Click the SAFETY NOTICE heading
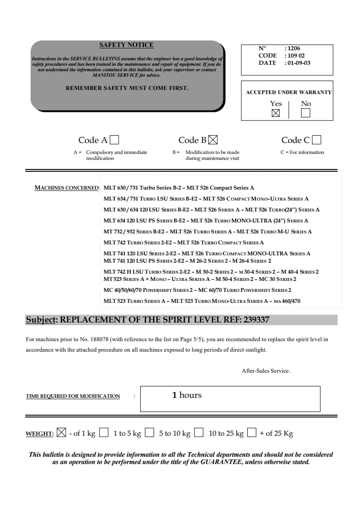(x=127, y=45)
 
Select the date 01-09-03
(x=298, y=63)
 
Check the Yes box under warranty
(x=275, y=113)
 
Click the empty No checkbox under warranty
(x=306, y=113)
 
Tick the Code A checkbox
(x=115, y=140)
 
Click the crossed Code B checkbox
(x=213, y=140)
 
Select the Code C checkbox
(x=316, y=140)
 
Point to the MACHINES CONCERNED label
(x=67, y=188)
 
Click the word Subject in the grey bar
(x=40, y=320)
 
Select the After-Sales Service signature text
(x=266, y=371)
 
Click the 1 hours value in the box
(x=187, y=395)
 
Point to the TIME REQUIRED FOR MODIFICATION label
(x=73, y=396)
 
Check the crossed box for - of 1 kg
(x=61, y=433)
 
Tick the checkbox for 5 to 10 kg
(x=149, y=433)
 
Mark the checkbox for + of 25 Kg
(x=251, y=433)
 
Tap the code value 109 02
(x=295, y=56)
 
